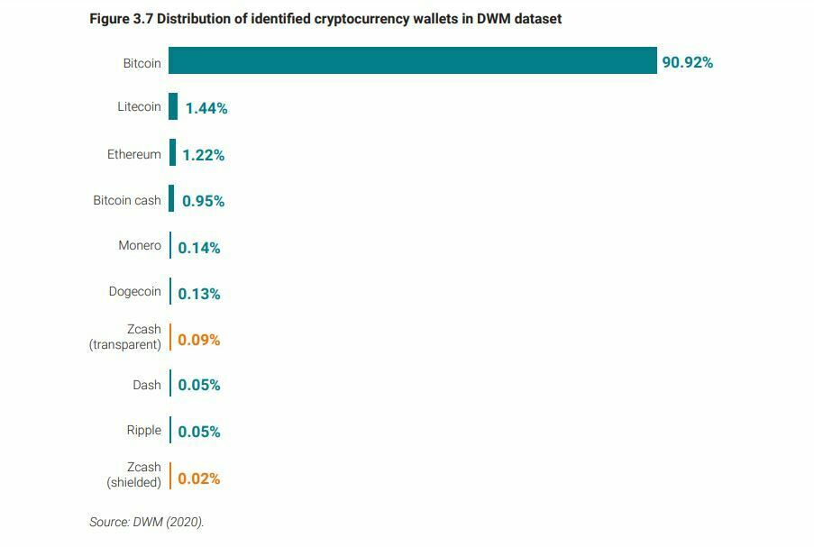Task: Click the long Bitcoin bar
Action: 412,60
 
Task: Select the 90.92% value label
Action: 687,62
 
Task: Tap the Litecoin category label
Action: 139,106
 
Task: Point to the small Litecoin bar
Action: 173,106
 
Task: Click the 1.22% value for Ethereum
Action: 203,155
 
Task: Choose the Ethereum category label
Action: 133,154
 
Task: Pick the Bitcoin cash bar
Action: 171,199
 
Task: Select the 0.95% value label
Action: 203,201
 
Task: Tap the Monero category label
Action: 139,245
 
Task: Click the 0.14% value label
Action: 198,248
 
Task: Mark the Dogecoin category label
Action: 134,291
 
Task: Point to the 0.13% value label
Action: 198,294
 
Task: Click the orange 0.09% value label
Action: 198,340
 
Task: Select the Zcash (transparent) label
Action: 125,337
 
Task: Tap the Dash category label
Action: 146,385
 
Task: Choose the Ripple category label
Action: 143,430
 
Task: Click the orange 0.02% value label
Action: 198,479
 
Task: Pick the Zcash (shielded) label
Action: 133,475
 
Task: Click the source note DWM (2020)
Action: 146,522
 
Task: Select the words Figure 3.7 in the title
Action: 121,19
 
